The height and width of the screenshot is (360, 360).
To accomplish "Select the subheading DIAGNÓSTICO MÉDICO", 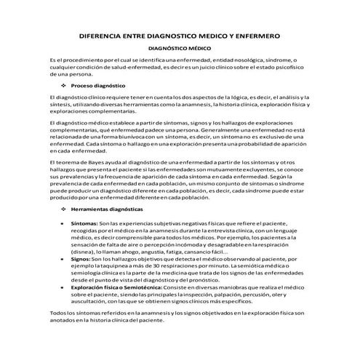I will click(180, 49).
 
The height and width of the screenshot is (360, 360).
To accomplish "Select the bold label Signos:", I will click(81, 258).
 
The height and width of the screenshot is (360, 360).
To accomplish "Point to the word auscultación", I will click(95, 301).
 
